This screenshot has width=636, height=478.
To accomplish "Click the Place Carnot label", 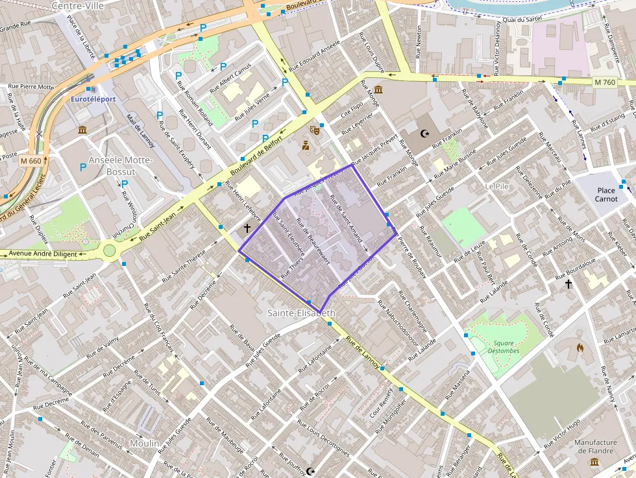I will pyautogui.click(x=606, y=195).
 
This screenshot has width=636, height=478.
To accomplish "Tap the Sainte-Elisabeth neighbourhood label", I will pyautogui.click(x=302, y=313).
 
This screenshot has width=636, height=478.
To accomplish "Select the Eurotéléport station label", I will pyautogui.click(x=93, y=99).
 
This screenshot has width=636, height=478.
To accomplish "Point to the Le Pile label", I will pyautogui.click(x=496, y=186).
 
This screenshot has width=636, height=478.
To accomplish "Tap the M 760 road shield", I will pyautogui.click(x=604, y=82).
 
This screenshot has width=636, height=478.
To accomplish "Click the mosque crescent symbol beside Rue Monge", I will pyautogui.click(x=425, y=134).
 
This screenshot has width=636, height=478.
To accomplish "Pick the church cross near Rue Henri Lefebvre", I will pyautogui.click(x=247, y=228).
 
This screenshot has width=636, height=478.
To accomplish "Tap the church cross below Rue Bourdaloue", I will pyautogui.click(x=569, y=283).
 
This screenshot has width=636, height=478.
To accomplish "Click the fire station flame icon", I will pyautogui.click(x=580, y=347).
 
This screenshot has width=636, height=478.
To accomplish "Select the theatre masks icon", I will pyautogui.click(x=315, y=130).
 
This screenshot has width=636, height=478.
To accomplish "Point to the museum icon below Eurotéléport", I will pyautogui.click(x=83, y=130).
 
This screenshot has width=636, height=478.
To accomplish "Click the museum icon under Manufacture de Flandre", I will pyautogui.click(x=594, y=462).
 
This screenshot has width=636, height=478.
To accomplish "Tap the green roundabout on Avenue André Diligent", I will pyautogui.click(x=109, y=250).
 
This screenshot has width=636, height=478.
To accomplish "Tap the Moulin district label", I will pyautogui.click(x=144, y=443).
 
